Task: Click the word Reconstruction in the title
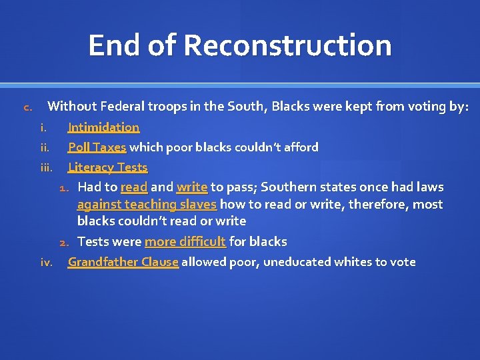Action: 287,45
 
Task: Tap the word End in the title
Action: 114,45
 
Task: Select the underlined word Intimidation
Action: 103,127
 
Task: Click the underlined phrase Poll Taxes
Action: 97,147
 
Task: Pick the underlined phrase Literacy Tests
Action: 107,167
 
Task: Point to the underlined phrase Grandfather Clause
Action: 123,262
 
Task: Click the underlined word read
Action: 133,187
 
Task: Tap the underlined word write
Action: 191,187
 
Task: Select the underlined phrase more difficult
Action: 185,241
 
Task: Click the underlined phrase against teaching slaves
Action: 147,204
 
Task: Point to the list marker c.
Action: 27,107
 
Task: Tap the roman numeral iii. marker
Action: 46,168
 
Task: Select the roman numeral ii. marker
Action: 45,147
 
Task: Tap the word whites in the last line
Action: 351,262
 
